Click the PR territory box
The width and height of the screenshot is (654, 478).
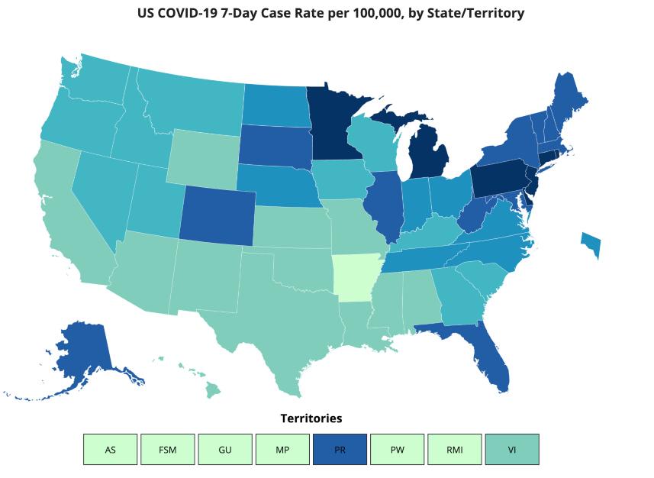340,449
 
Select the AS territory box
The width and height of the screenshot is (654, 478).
111,449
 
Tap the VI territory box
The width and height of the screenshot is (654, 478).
512,449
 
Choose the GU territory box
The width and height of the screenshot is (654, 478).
225,449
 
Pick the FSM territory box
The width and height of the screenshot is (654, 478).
168,449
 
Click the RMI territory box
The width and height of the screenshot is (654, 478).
455,449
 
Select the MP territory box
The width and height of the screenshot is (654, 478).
282,449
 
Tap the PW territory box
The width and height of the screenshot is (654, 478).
397,449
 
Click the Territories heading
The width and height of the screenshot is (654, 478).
311,418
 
